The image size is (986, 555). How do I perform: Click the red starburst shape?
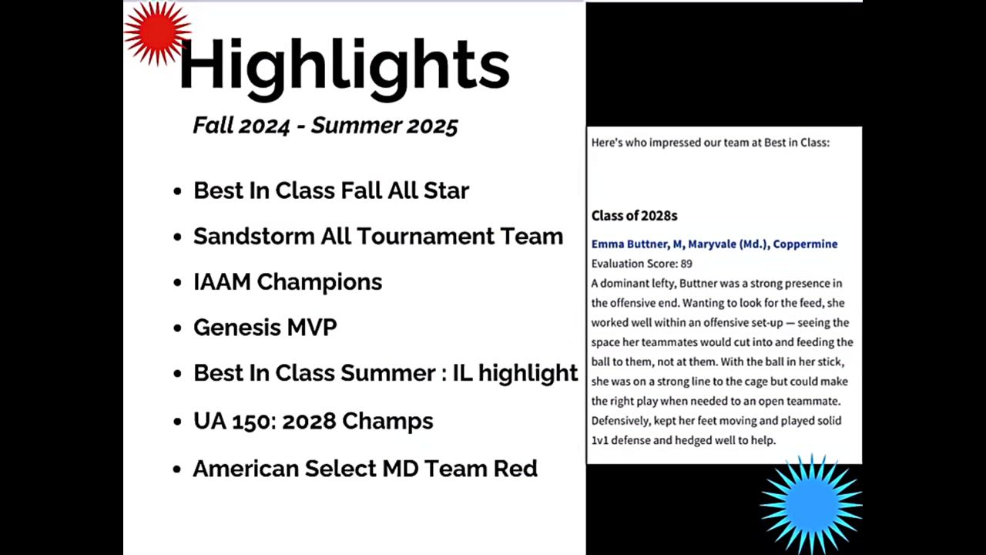click(157, 32)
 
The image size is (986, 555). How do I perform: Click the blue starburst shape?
click(811, 504)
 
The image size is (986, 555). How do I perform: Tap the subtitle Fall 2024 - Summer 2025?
click(326, 126)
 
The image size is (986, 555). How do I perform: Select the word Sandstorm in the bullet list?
click(253, 236)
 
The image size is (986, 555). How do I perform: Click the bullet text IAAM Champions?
click(288, 282)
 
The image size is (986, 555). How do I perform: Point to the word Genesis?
click(236, 328)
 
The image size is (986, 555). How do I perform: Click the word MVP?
click(312, 328)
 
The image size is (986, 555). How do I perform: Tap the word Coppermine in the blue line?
click(805, 244)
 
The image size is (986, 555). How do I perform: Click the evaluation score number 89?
click(686, 264)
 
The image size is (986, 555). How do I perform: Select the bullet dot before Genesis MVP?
click(177, 328)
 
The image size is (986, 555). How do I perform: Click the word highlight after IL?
click(528, 374)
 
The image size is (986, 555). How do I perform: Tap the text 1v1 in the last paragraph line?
click(600, 440)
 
